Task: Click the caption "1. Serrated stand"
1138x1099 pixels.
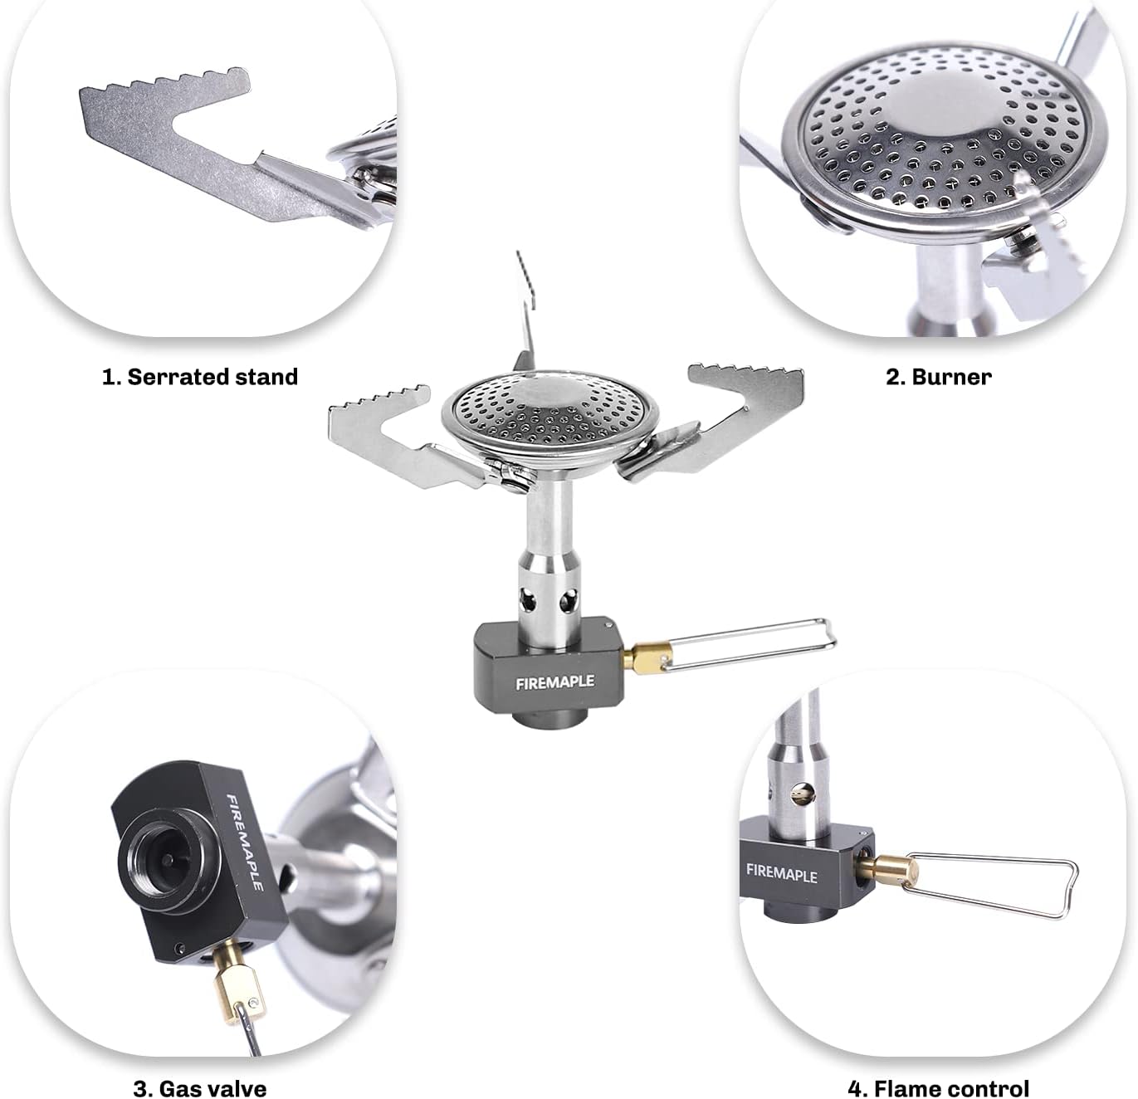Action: (x=199, y=377)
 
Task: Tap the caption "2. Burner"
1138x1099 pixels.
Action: (x=938, y=377)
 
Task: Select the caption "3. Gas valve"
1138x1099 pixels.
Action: (x=199, y=1088)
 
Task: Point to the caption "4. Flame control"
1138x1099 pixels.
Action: (x=938, y=1088)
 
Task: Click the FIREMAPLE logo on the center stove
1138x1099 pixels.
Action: (x=554, y=682)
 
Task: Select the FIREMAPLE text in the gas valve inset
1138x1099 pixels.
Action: (x=245, y=843)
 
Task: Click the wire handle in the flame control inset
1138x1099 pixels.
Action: (x=996, y=884)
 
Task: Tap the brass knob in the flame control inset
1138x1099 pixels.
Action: (x=886, y=869)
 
